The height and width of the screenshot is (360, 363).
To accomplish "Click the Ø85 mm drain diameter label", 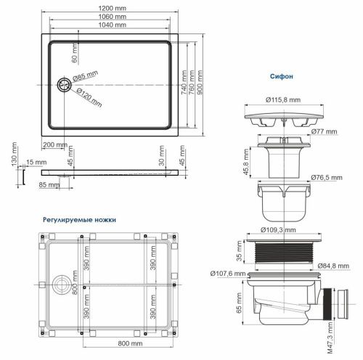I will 86,75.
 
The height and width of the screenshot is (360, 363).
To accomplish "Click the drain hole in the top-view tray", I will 63,85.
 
